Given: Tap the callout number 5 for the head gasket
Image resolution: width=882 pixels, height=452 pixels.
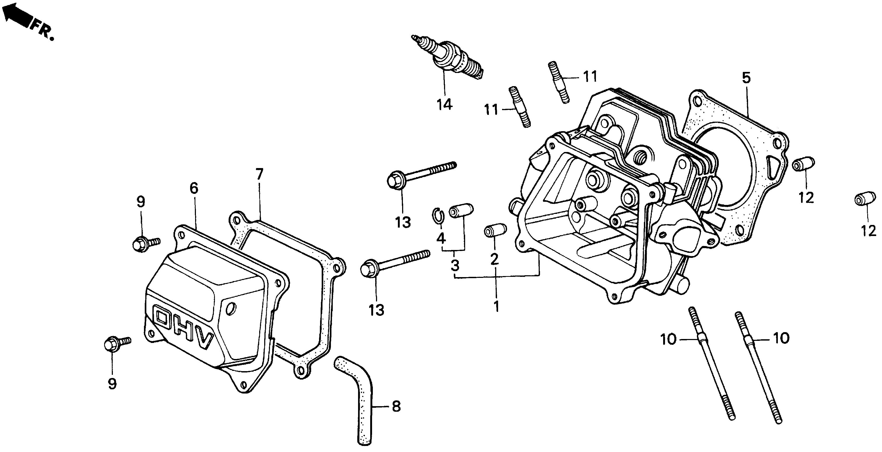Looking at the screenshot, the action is click(746, 78).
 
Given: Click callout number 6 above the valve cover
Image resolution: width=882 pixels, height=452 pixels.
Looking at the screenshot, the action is click(194, 188).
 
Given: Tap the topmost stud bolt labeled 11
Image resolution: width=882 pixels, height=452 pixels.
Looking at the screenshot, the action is click(559, 82).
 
